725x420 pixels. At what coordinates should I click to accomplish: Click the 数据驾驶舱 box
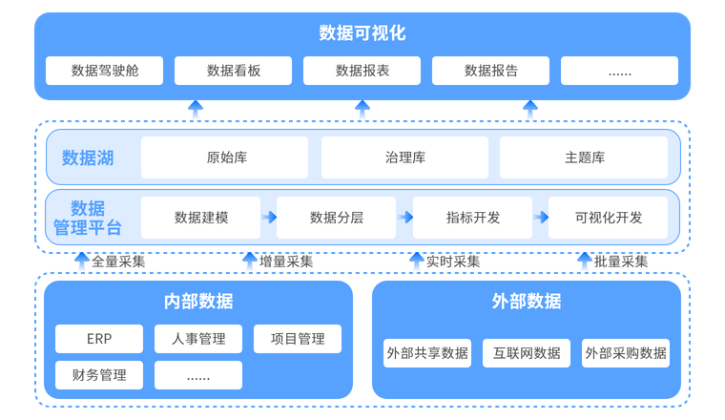click(x=104, y=71)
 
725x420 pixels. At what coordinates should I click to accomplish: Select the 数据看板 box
click(x=233, y=71)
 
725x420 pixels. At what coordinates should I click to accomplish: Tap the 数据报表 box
click(x=362, y=71)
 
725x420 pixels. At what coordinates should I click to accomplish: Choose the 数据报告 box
click(x=491, y=71)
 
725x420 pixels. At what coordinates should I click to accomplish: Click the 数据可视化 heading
click(x=362, y=33)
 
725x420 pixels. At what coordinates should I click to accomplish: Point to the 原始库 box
click(x=225, y=157)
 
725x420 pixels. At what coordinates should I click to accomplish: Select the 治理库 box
click(x=404, y=157)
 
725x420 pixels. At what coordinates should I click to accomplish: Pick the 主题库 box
click(x=584, y=157)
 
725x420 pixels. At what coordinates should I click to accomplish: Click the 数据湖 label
click(x=88, y=158)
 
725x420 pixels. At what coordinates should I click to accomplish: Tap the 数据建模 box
click(x=201, y=218)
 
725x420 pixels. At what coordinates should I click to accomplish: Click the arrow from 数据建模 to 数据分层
click(x=270, y=218)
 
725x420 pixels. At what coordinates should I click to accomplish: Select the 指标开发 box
click(x=473, y=218)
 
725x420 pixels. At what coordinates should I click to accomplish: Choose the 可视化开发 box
click(x=609, y=218)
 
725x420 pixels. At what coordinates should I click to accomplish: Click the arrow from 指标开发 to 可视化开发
click(x=541, y=218)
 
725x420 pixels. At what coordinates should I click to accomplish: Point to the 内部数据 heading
click(x=198, y=302)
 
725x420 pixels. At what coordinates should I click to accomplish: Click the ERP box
click(x=99, y=339)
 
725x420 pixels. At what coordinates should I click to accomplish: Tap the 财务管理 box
click(x=99, y=375)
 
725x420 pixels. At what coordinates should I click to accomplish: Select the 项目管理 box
click(x=298, y=339)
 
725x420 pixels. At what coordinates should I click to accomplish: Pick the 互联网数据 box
click(x=527, y=353)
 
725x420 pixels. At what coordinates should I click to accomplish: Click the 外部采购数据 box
click(x=626, y=353)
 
